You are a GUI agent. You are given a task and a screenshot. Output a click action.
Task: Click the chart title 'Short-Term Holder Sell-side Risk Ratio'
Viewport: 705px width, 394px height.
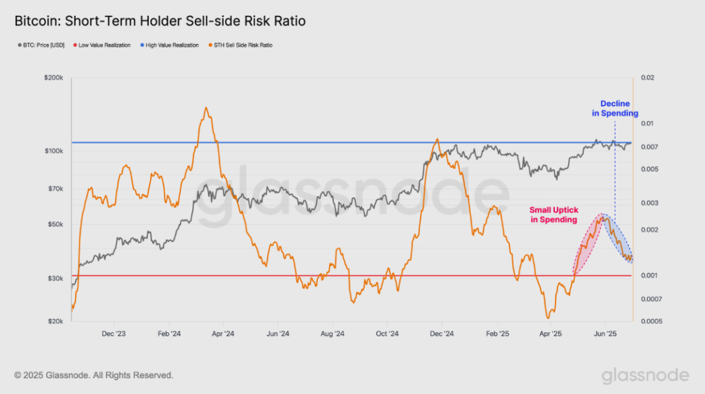(x=160, y=21)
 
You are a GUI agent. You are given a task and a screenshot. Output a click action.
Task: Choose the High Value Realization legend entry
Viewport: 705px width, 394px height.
(x=171, y=45)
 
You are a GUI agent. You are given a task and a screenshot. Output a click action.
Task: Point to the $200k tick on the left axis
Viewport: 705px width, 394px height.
(x=54, y=78)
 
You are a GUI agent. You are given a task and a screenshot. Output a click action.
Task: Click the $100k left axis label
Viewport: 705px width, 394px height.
(x=54, y=151)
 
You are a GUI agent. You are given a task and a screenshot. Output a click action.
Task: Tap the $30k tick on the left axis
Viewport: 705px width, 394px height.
(x=56, y=278)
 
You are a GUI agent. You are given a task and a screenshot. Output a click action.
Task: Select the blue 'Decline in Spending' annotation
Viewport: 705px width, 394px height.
(x=615, y=109)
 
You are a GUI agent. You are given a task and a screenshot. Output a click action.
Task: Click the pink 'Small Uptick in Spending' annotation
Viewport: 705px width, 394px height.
(x=553, y=215)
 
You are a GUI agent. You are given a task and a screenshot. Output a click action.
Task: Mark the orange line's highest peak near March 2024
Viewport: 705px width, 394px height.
(x=207, y=109)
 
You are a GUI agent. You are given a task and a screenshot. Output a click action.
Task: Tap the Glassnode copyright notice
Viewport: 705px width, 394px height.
(x=94, y=375)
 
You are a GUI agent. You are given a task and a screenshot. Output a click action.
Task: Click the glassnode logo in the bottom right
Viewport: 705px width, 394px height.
(x=644, y=375)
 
